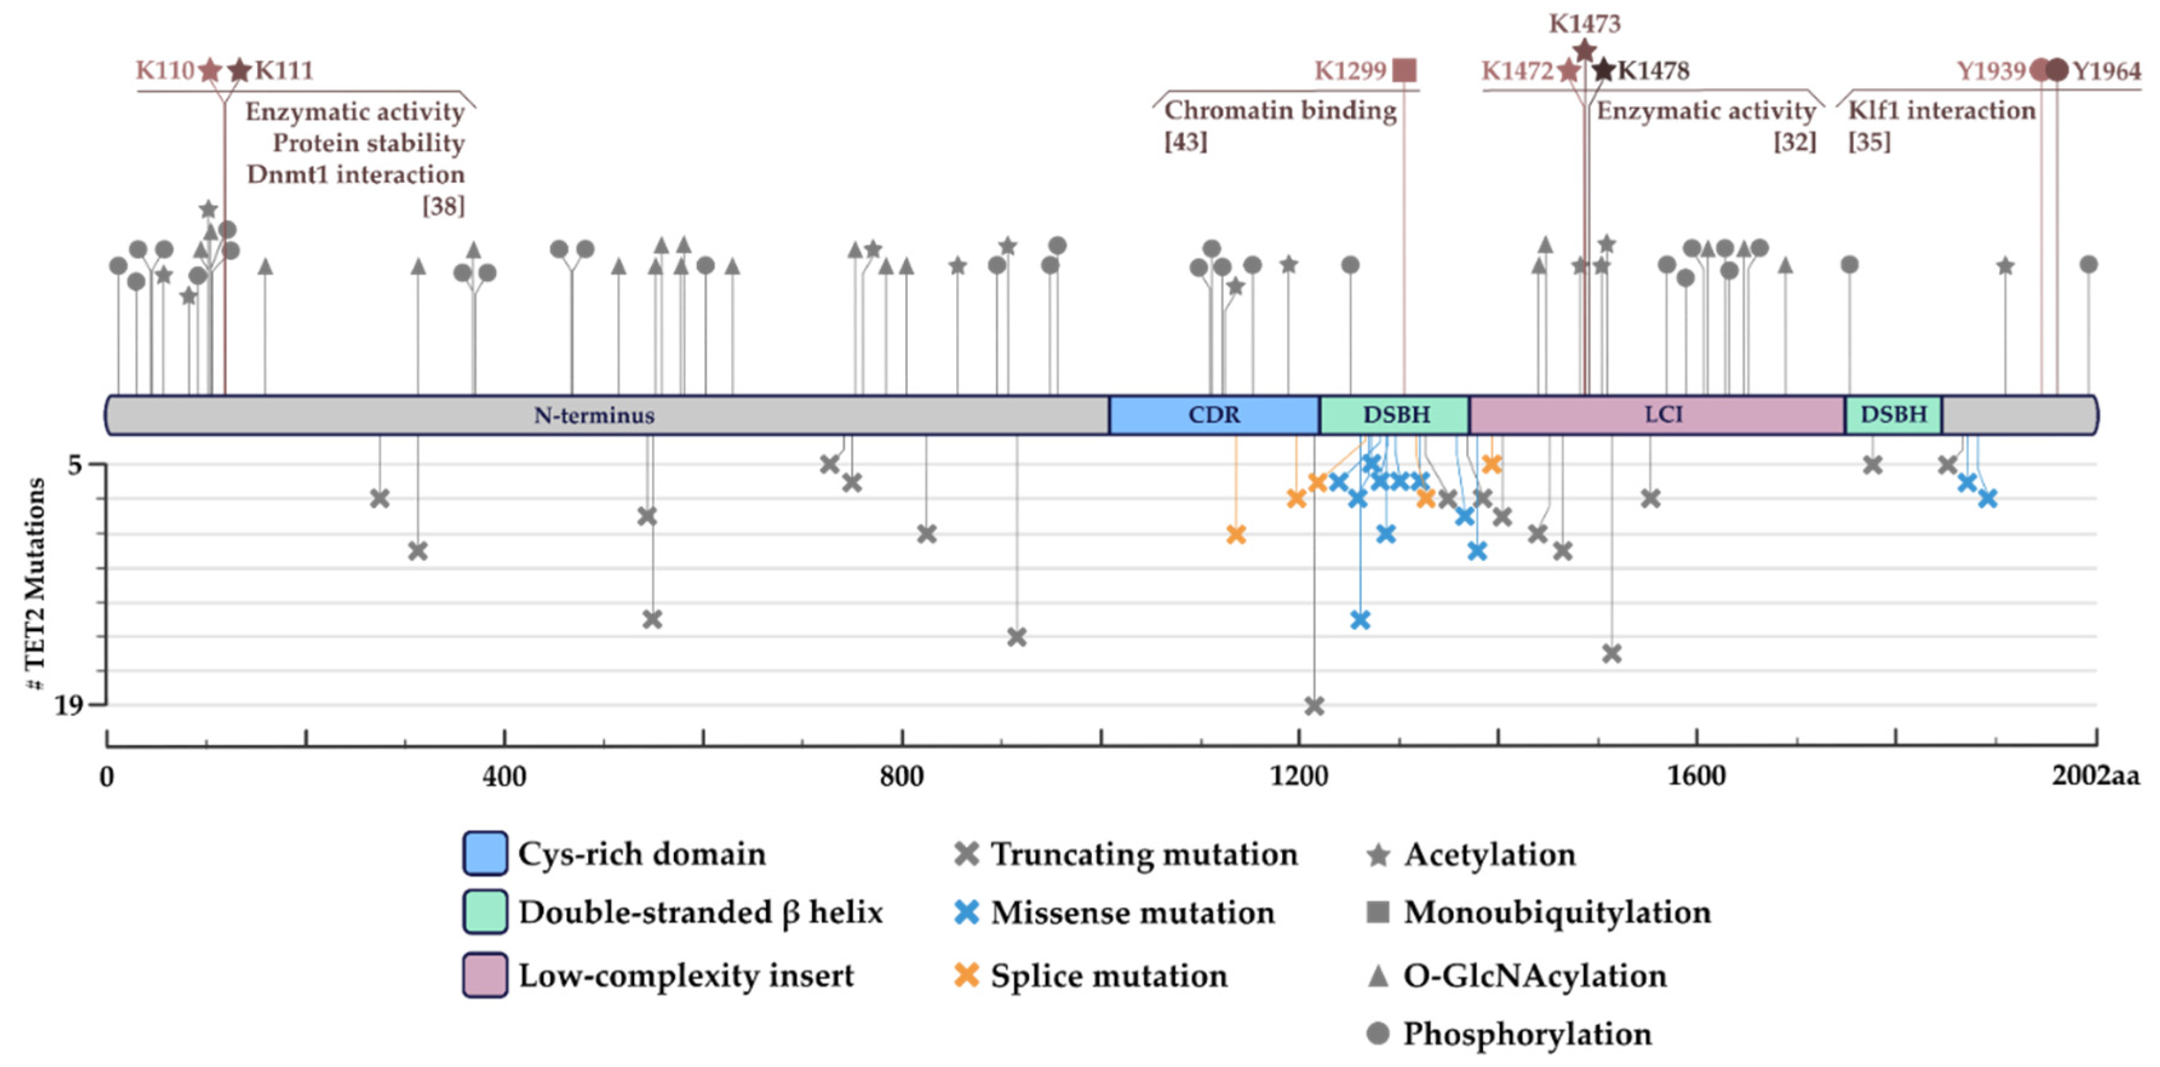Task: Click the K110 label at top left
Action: tap(164, 70)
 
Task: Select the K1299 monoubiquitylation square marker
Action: tap(1404, 70)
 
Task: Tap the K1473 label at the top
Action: tap(1584, 24)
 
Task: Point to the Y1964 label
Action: tap(2106, 71)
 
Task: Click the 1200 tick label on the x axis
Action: tap(1298, 776)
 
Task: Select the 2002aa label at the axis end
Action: tap(2095, 776)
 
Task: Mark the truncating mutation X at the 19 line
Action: tap(1314, 706)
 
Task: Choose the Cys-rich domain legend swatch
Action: tap(484, 853)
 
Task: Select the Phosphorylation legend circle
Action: tap(1378, 1034)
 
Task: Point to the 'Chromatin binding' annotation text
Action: tap(1280, 111)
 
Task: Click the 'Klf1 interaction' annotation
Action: tap(1941, 111)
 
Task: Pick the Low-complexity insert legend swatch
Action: tap(484, 975)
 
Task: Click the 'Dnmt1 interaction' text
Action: tap(355, 174)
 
